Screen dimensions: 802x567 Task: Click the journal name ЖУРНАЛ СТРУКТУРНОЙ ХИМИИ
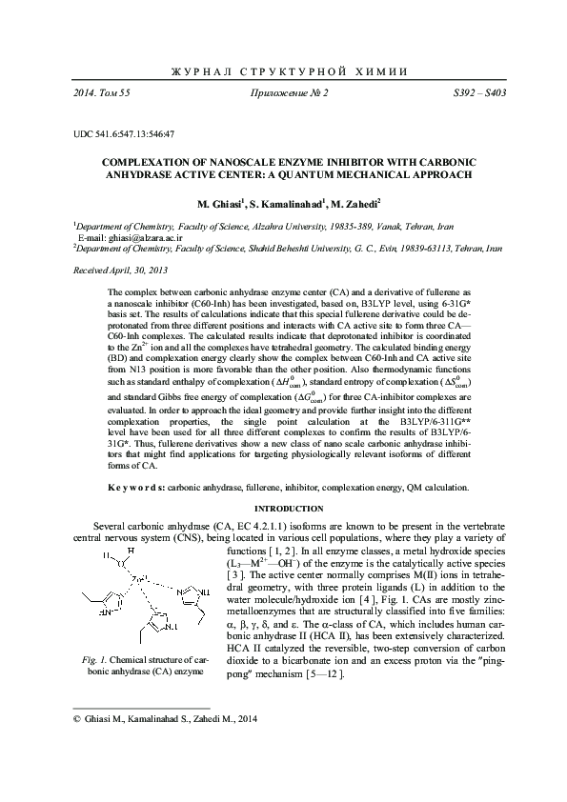click(x=283, y=73)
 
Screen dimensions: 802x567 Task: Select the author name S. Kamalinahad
click(x=292, y=204)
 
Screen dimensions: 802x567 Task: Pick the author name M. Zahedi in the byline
click(x=356, y=204)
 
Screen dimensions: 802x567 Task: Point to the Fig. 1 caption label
click(x=92, y=659)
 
